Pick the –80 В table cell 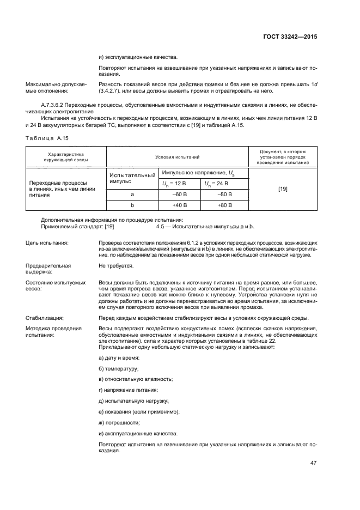pyautogui.click(x=224, y=194)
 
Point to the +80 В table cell pyautogui.click(x=224, y=205)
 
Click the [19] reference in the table pyautogui.click(x=283, y=189)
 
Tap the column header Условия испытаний pyautogui.click(x=176, y=157)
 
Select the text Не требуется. pyautogui.click(x=115, y=266)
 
